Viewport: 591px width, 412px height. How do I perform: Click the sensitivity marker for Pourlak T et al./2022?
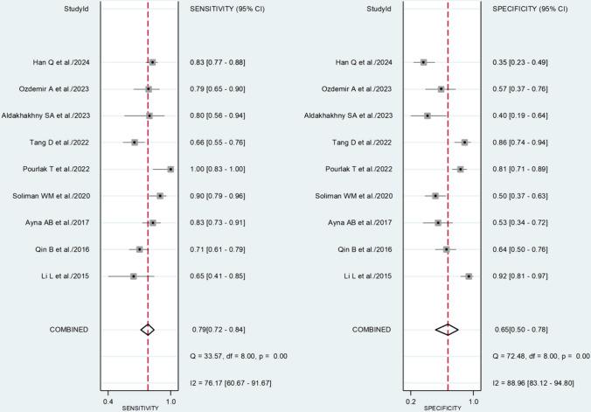(x=170, y=169)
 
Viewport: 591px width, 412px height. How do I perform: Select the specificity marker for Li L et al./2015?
(x=469, y=276)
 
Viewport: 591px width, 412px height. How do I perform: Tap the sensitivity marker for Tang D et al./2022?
(x=134, y=142)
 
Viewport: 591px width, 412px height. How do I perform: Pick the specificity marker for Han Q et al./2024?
(x=423, y=62)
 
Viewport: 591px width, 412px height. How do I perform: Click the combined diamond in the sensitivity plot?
(x=148, y=329)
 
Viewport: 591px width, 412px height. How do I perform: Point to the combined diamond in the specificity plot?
(x=448, y=329)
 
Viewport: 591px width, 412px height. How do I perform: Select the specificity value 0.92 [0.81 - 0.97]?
(x=522, y=276)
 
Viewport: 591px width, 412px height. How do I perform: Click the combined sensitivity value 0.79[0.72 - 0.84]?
(x=220, y=329)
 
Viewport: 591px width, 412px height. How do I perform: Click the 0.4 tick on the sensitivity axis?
(x=108, y=401)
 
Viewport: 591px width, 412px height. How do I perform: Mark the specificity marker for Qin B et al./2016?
(x=446, y=249)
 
